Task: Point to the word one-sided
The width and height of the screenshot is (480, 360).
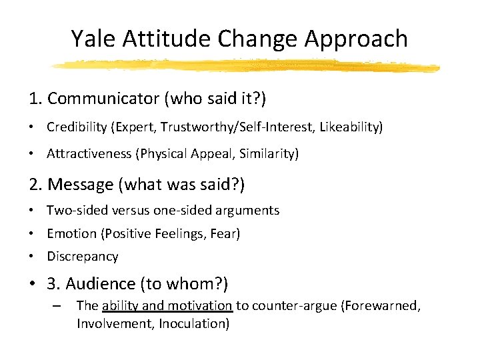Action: click(182, 211)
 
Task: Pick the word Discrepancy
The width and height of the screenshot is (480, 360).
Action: click(82, 257)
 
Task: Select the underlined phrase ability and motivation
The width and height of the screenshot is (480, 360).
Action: click(167, 306)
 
